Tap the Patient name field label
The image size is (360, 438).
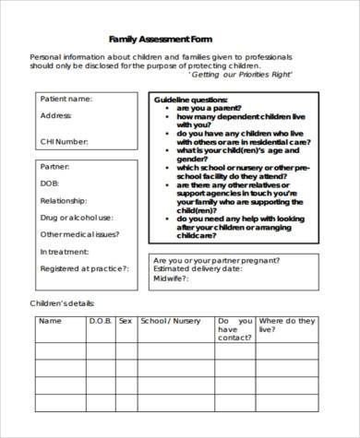(66, 99)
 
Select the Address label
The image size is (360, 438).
(55, 117)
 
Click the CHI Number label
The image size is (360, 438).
(65, 141)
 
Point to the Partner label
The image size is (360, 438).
(54, 167)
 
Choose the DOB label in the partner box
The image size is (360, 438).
(50, 184)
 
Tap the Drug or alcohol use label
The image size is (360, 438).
(76, 218)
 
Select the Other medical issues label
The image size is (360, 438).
(79, 234)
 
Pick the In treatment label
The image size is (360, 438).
(65, 251)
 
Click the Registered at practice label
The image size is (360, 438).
(84, 268)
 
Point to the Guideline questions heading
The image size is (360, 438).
(189, 99)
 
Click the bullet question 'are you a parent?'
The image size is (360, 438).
(209, 107)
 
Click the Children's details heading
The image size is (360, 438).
(64, 302)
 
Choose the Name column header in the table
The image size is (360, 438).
(50, 321)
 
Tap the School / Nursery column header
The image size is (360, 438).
(170, 321)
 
